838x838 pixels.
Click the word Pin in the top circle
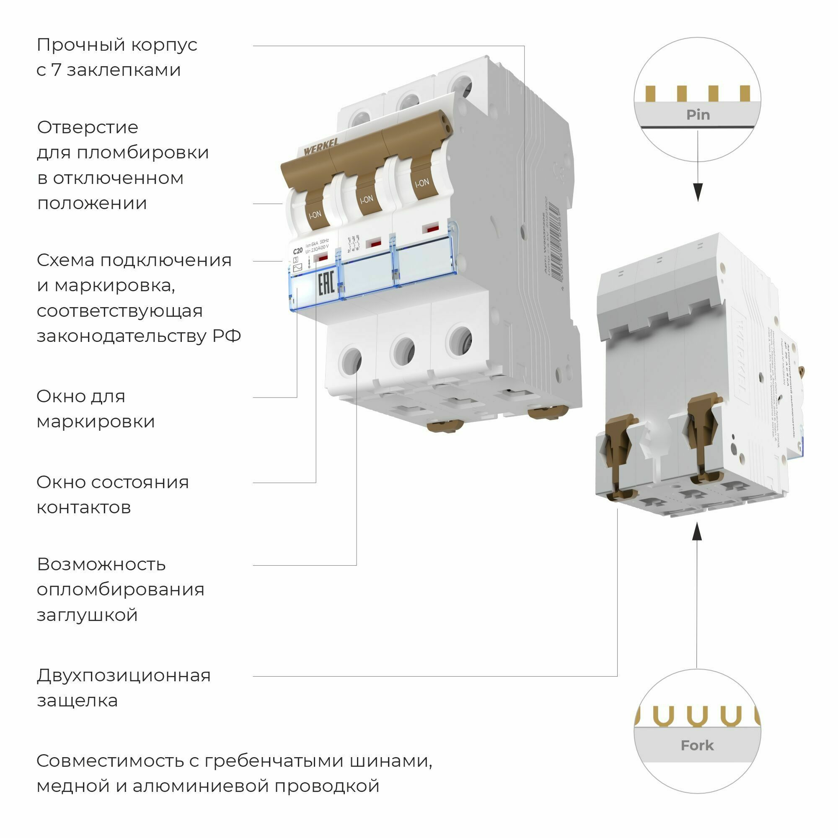pyautogui.click(x=698, y=115)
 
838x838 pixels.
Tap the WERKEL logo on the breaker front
pyautogui.click(x=321, y=148)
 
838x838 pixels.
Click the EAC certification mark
pyautogui.click(x=326, y=284)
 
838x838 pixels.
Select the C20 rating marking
pyautogui.click(x=297, y=251)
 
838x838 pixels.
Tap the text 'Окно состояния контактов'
pyautogui.click(x=112, y=494)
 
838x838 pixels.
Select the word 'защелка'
pyautogui.click(x=77, y=701)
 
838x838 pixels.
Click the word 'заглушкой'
pyautogui.click(x=87, y=615)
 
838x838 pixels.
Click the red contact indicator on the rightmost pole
pyautogui.click(x=431, y=228)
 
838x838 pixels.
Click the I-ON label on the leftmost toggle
pyautogui.click(x=315, y=214)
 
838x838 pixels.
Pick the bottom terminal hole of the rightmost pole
pyautogui.click(x=460, y=341)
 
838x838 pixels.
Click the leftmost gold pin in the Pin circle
pyautogui.click(x=650, y=93)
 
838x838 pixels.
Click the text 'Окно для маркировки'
pyautogui.click(x=96, y=409)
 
